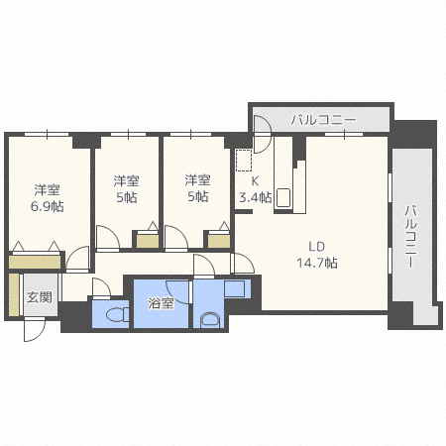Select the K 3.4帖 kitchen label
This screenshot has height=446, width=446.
249,189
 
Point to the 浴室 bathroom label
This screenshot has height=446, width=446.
162,303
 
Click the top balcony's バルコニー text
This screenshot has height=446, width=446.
322,120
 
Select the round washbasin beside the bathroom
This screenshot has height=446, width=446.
209,320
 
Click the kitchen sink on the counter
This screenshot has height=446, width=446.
283,197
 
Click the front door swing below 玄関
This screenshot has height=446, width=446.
34,329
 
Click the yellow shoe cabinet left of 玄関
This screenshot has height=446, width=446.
12,295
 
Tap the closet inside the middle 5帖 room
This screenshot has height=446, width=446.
147,238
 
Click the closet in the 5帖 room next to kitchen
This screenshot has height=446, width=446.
218,238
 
